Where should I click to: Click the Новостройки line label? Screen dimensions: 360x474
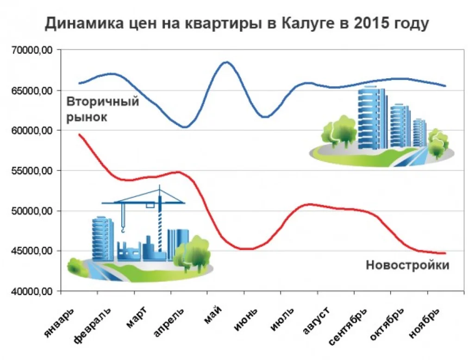pyautogui.click(x=407, y=265)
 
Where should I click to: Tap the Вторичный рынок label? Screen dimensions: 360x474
pyautogui.click(x=102, y=109)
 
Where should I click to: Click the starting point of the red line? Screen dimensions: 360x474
pyautogui.click(x=80, y=134)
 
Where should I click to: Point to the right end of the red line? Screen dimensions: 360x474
pyautogui.click(x=445, y=253)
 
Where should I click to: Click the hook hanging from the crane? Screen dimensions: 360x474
pyautogui.click(x=123, y=228)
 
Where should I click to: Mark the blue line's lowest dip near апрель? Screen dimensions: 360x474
pyautogui.click(x=185, y=127)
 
